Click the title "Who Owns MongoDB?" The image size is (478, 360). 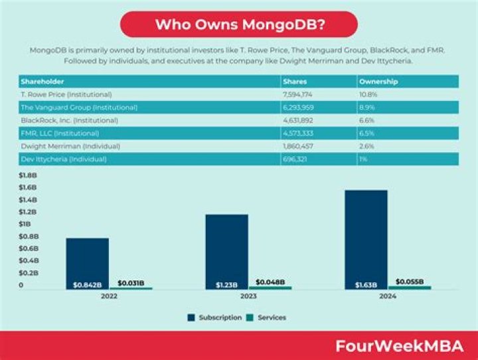point(239,25)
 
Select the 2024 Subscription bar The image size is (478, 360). point(365,239)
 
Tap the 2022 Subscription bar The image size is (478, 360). point(87,263)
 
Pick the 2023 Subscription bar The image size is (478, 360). point(226,251)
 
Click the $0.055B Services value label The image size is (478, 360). point(410,282)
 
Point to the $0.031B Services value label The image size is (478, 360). point(131,283)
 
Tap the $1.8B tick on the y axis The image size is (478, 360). point(28,175)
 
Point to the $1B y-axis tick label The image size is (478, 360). point(25,224)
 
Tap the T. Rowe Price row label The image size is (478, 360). point(66,94)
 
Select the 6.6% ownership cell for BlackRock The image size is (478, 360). point(366,120)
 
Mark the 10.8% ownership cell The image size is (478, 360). point(368,94)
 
